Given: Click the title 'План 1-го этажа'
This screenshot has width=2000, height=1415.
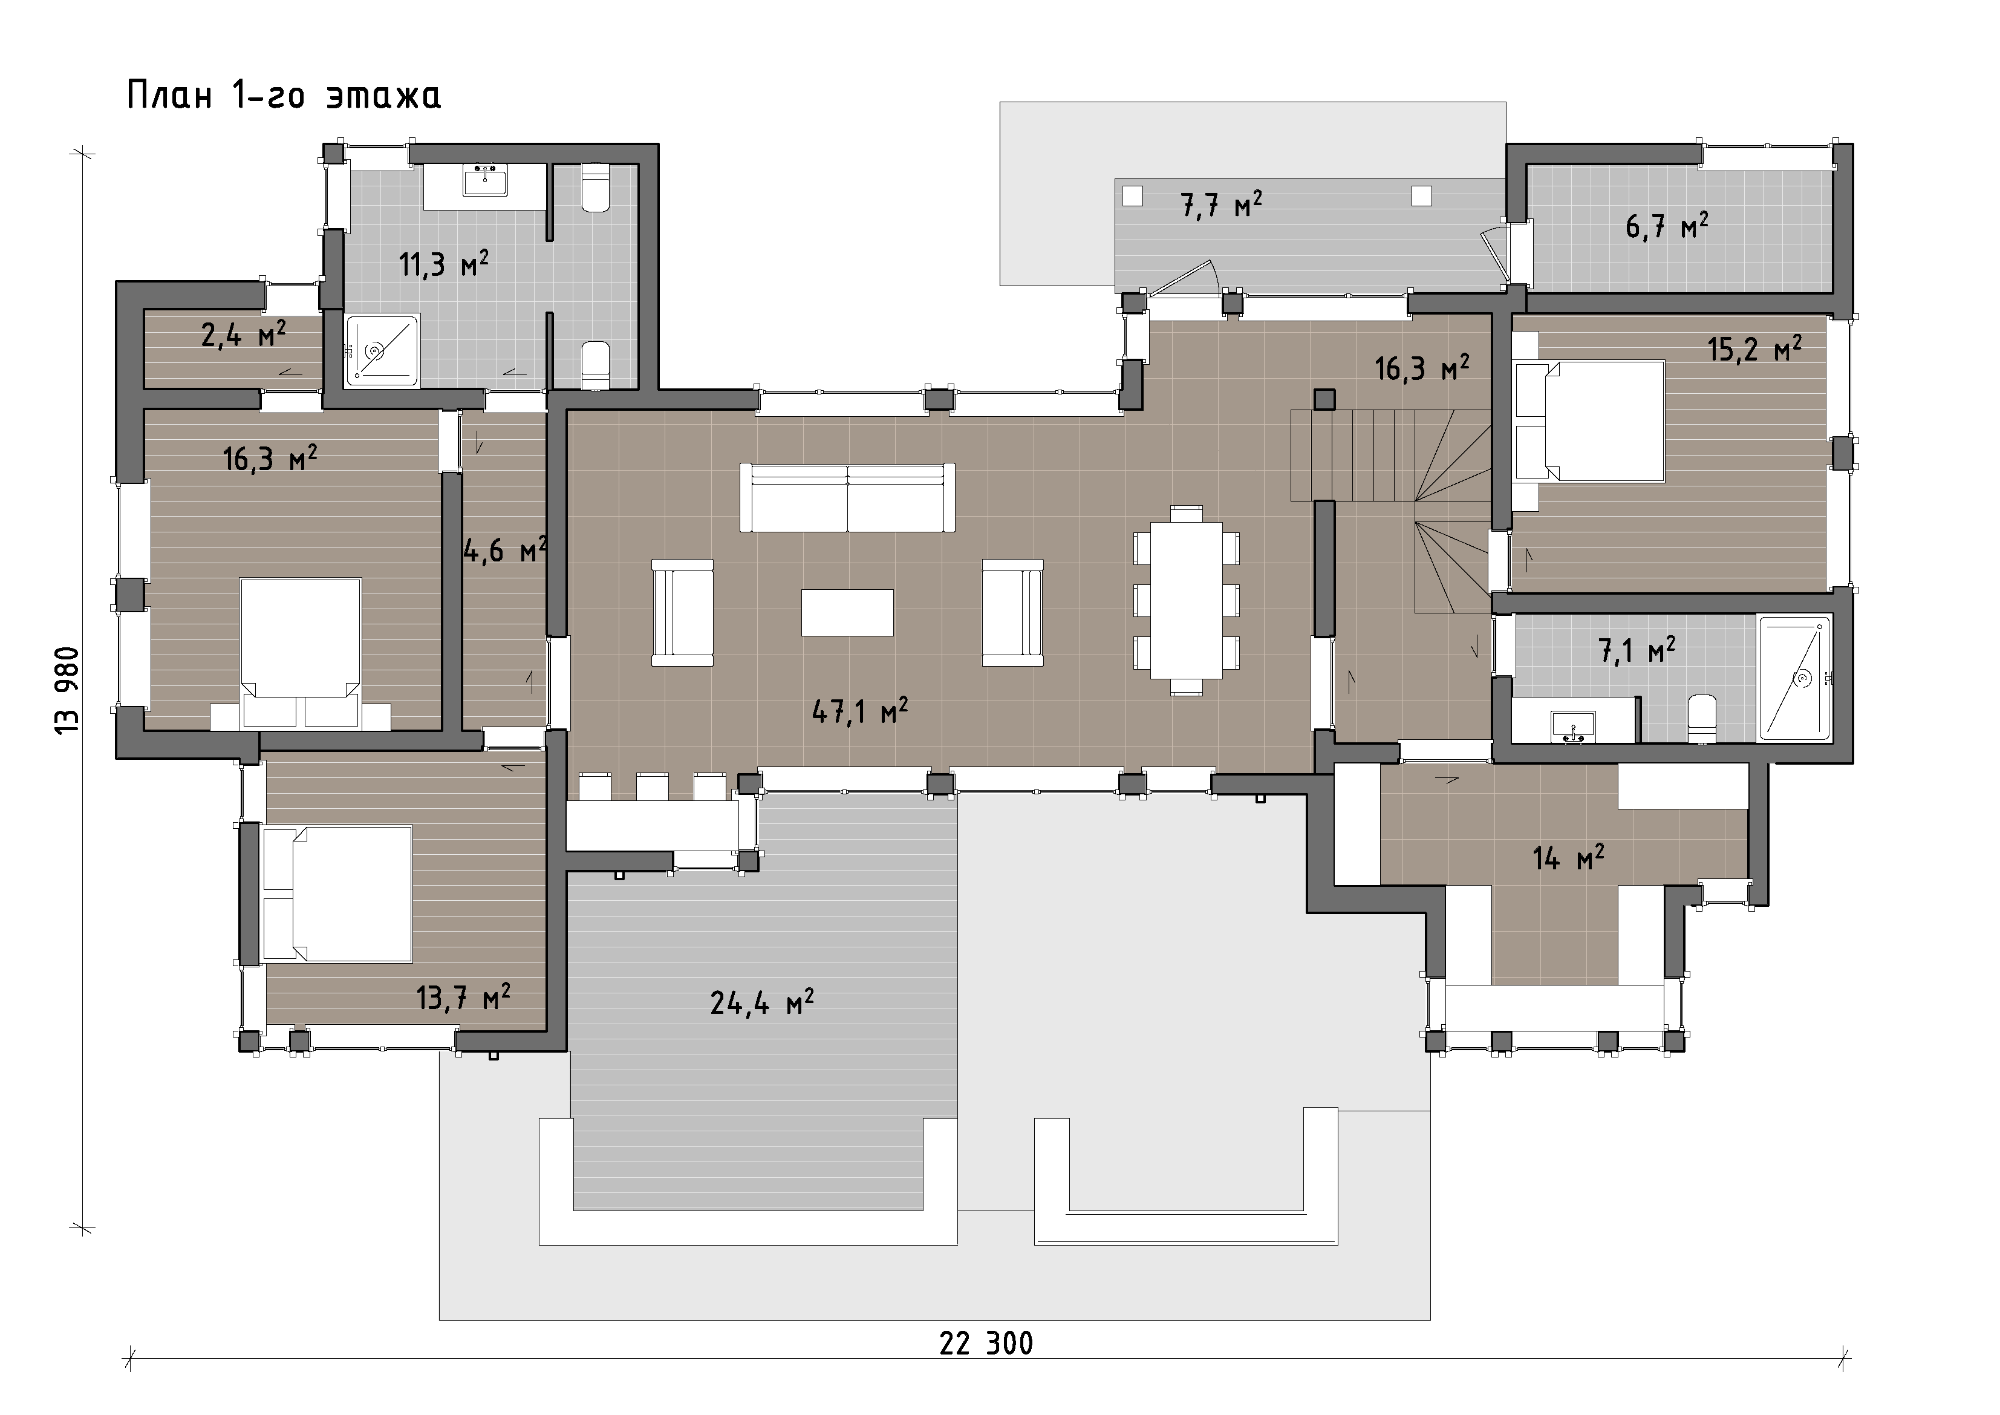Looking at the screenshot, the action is click(284, 95).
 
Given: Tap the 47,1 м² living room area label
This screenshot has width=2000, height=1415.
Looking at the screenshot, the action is click(860, 710).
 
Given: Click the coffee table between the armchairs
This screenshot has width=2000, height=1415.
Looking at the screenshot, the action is click(847, 613).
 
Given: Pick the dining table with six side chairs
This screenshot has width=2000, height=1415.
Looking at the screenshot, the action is click(1187, 600).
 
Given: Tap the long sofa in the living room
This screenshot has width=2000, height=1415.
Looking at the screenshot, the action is click(847, 497).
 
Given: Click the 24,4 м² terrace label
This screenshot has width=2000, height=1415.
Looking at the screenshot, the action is click(762, 1003).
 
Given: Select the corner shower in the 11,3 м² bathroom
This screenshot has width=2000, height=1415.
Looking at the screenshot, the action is click(382, 350).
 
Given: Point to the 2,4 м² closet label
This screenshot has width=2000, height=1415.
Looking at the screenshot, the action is click(244, 334).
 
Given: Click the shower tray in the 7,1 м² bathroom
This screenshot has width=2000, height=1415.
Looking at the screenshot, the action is click(1796, 678).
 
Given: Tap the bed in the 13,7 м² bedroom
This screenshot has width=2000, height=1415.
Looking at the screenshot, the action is click(337, 895).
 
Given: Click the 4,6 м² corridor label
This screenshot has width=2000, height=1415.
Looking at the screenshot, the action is click(504, 551).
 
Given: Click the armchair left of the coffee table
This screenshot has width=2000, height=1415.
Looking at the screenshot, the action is click(682, 613).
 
